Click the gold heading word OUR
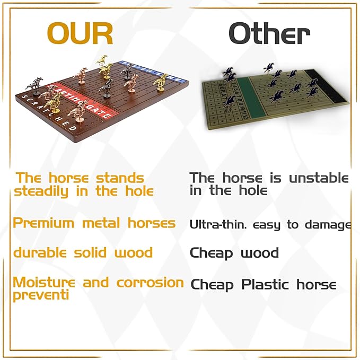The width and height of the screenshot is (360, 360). coord(80,33)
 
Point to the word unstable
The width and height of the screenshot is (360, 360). coord(319,178)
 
